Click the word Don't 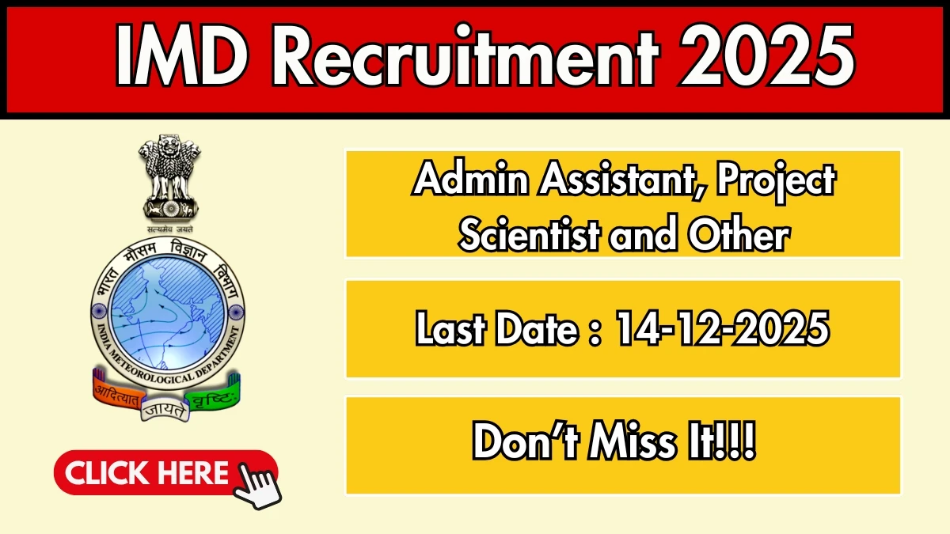point(522,445)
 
